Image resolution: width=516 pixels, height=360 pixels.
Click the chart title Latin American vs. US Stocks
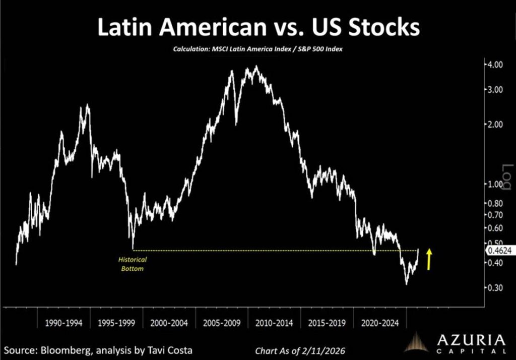pyautogui.click(x=258, y=28)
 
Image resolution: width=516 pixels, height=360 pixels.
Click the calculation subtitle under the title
pyautogui.click(x=258, y=49)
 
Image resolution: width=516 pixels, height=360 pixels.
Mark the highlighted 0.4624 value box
pyautogui.click(x=498, y=250)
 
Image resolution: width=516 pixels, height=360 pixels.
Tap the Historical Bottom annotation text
pyautogui.click(x=132, y=264)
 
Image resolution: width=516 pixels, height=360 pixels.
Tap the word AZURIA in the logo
pyautogui.click(x=470, y=339)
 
